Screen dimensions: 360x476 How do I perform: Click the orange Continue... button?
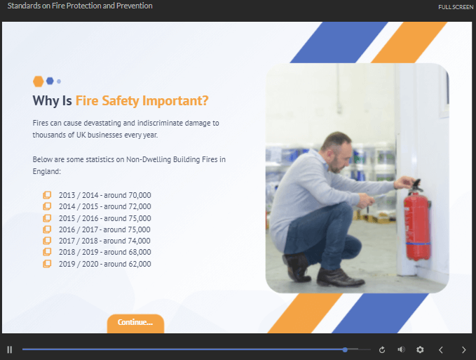[135, 323]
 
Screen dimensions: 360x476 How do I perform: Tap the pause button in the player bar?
[10, 349]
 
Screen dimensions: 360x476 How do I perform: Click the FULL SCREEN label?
[456, 7]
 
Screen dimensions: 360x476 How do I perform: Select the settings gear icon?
[420, 349]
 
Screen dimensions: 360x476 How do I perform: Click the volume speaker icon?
[402, 349]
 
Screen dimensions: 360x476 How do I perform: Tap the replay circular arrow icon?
[382, 349]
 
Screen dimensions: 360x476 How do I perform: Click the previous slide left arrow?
[441, 349]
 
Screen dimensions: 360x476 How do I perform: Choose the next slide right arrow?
[463, 349]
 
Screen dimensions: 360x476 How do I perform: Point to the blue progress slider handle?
[346, 349]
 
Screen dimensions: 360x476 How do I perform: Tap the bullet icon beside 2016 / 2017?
[47, 229]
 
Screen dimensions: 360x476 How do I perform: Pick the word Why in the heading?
[46, 101]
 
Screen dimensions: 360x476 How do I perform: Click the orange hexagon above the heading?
[38, 81]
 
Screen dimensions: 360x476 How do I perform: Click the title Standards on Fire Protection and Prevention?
[80, 6]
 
